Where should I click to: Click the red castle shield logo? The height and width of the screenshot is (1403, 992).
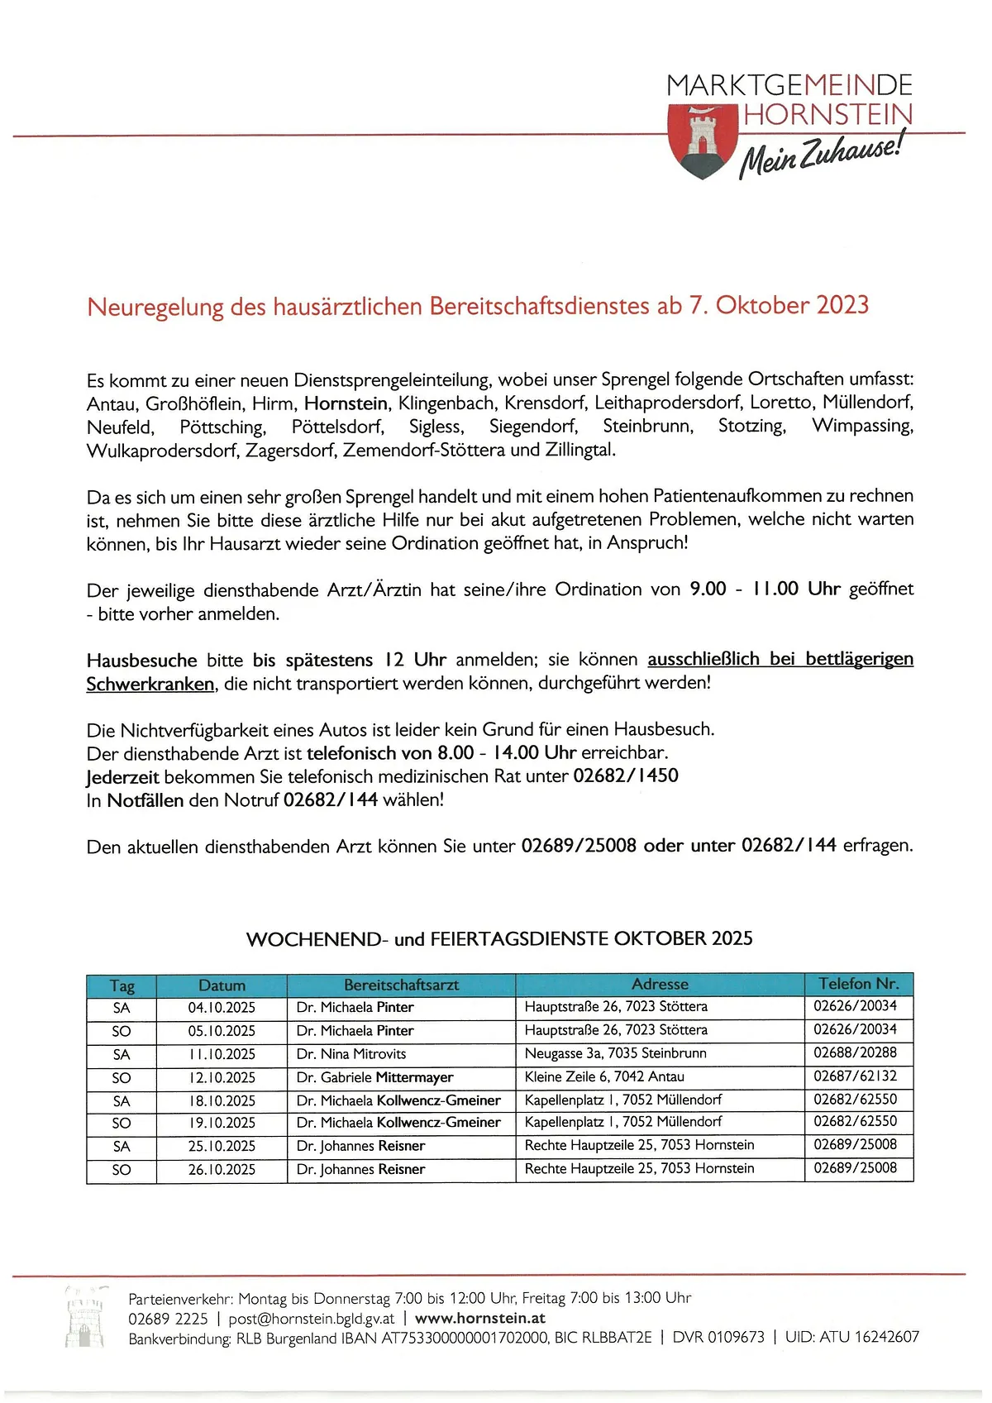[702, 140]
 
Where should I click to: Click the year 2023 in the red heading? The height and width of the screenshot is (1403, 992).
[842, 305]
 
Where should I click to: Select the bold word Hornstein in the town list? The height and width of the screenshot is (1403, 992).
[346, 403]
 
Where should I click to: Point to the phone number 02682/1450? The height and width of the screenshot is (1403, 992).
[626, 776]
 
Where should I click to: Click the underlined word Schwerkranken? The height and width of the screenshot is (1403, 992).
[150, 684]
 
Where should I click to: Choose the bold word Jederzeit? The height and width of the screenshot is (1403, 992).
[122, 777]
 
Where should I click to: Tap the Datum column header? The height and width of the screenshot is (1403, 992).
[222, 985]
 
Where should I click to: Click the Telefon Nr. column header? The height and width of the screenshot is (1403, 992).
[858, 984]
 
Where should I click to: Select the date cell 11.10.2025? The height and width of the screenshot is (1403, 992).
[222, 1055]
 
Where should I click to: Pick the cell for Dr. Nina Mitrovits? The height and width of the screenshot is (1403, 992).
[351, 1054]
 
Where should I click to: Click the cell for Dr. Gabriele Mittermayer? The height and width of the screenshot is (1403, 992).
[374, 1077]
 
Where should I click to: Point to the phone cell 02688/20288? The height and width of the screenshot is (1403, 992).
[855, 1052]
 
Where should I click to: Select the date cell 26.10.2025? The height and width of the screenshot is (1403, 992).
[222, 1170]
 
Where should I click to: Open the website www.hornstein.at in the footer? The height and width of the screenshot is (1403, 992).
[480, 1319]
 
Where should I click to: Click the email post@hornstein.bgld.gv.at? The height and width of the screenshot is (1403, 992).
[312, 1319]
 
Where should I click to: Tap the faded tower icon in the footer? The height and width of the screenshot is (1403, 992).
[85, 1317]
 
